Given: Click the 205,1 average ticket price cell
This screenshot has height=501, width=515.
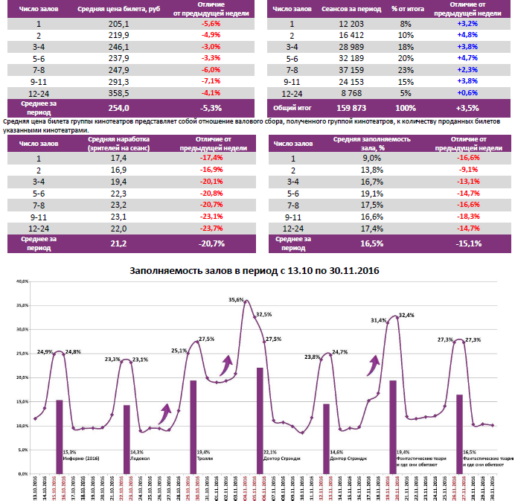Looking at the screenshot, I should [118, 25].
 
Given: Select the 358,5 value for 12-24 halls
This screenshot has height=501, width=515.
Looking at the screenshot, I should [118, 93].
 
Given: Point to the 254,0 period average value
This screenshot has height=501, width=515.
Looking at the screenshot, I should [118, 108].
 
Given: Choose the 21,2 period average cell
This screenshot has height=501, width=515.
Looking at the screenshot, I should [119, 243].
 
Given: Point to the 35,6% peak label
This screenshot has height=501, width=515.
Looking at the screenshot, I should [236, 299].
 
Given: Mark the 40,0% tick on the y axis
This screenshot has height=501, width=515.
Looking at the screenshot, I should [21, 281].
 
